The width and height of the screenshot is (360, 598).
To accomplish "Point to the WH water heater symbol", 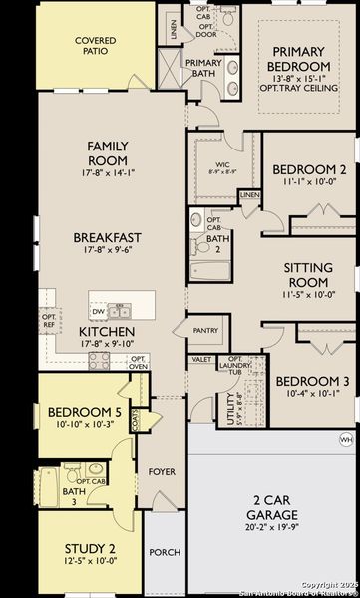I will (346, 439).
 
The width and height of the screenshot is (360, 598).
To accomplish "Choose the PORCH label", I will (164, 552).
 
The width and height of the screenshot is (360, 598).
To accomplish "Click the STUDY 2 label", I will (93, 548).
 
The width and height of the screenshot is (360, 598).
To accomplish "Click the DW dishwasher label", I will (100, 308).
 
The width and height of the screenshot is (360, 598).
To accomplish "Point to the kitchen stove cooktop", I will (100, 359).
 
